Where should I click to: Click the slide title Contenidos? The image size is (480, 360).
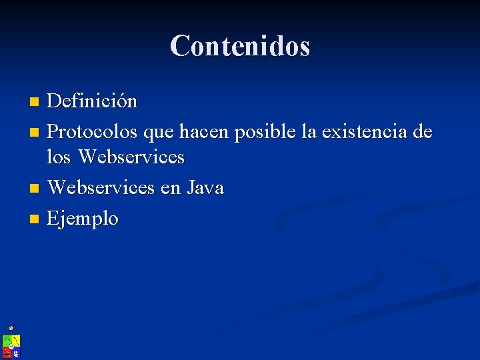(x=240, y=46)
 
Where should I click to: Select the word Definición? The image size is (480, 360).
(x=92, y=101)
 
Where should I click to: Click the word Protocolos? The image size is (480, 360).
(x=92, y=132)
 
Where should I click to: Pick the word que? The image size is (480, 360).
(x=158, y=133)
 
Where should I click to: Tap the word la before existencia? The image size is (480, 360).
(x=309, y=132)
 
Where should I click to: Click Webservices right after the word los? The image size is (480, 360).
(x=131, y=157)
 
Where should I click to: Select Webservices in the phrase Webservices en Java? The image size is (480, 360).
(x=101, y=188)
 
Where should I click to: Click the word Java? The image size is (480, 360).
(x=205, y=188)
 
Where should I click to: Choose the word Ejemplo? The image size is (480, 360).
(x=83, y=219)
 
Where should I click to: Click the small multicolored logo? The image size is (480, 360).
(x=11, y=345)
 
